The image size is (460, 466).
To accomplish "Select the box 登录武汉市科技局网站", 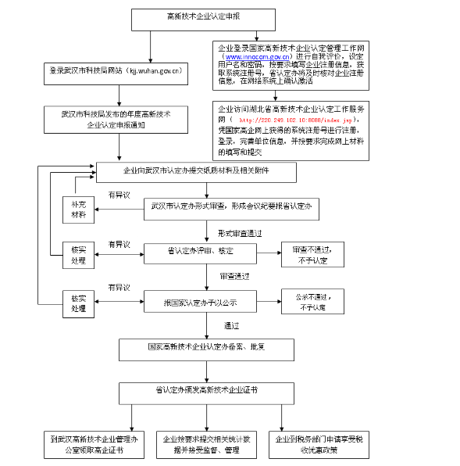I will pyautogui.click(x=115, y=70).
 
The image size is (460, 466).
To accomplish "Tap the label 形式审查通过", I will pyautogui.click(x=239, y=232).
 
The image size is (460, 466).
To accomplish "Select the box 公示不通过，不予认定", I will pyautogui.click(x=313, y=302).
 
